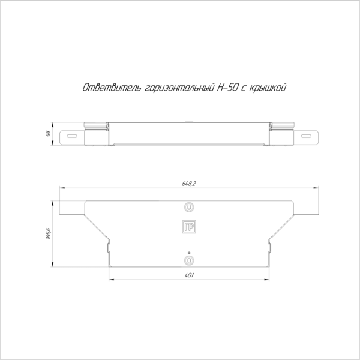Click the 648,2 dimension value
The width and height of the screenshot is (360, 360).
tap(189, 184)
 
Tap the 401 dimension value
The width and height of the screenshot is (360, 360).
tap(189, 275)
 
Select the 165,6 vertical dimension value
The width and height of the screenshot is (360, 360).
tap(49, 234)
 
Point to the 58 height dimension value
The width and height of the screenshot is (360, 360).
tap(49, 134)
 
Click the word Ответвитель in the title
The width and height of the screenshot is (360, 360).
tap(112, 88)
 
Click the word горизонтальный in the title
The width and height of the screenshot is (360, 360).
tap(179, 88)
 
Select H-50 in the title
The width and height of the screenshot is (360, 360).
tap(227, 88)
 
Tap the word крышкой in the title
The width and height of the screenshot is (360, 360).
tap(268, 88)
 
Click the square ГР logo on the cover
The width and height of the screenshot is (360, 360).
tap(189, 227)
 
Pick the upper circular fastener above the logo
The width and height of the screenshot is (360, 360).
tap(189, 208)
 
